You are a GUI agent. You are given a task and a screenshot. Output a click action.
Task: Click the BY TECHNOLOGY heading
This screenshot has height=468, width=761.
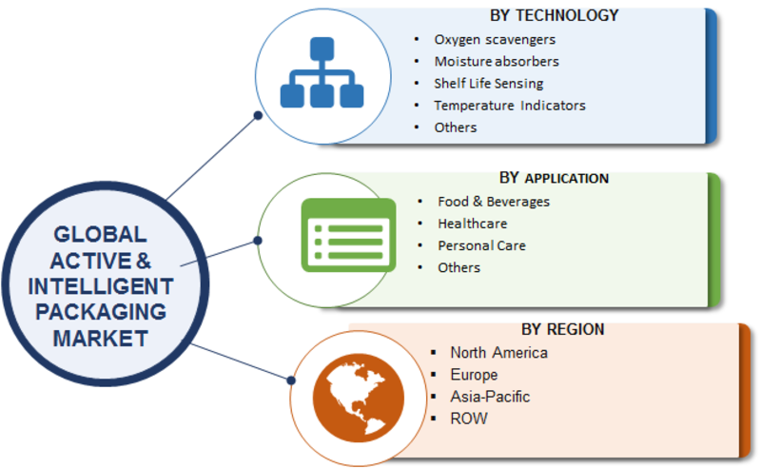[554, 15]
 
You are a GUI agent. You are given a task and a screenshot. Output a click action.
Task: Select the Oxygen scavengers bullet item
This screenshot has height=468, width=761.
[495, 40]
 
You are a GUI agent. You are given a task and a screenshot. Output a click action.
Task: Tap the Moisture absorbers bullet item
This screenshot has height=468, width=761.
[497, 62]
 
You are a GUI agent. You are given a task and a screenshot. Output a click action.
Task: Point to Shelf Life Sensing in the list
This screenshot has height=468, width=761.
[489, 84]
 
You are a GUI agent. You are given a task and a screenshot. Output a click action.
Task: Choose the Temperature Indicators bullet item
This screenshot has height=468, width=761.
[510, 106]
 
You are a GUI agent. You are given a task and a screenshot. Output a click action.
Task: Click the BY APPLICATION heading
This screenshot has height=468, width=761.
[554, 178]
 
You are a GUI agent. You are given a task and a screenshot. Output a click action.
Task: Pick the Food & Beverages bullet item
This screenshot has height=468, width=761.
[494, 202]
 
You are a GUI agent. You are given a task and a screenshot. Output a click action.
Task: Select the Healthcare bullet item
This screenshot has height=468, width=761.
[472, 224]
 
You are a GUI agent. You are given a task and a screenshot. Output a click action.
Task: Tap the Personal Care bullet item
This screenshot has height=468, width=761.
[481, 245]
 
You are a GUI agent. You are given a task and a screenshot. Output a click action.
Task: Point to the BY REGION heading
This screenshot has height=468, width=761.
[562, 329]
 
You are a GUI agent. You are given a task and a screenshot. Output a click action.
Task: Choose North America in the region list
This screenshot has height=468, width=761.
[499, 353]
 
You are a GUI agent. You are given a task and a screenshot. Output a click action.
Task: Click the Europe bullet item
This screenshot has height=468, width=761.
[474, 375]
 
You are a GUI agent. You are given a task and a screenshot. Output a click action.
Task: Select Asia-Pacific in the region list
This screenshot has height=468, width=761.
[491, 397]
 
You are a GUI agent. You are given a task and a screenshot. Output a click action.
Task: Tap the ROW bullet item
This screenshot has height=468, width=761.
[469, 419]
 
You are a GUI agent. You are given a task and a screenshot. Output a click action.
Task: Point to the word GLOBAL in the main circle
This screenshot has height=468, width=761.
[100, 234]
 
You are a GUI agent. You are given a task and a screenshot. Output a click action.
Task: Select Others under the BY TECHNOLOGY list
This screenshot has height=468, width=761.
[456, 127]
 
